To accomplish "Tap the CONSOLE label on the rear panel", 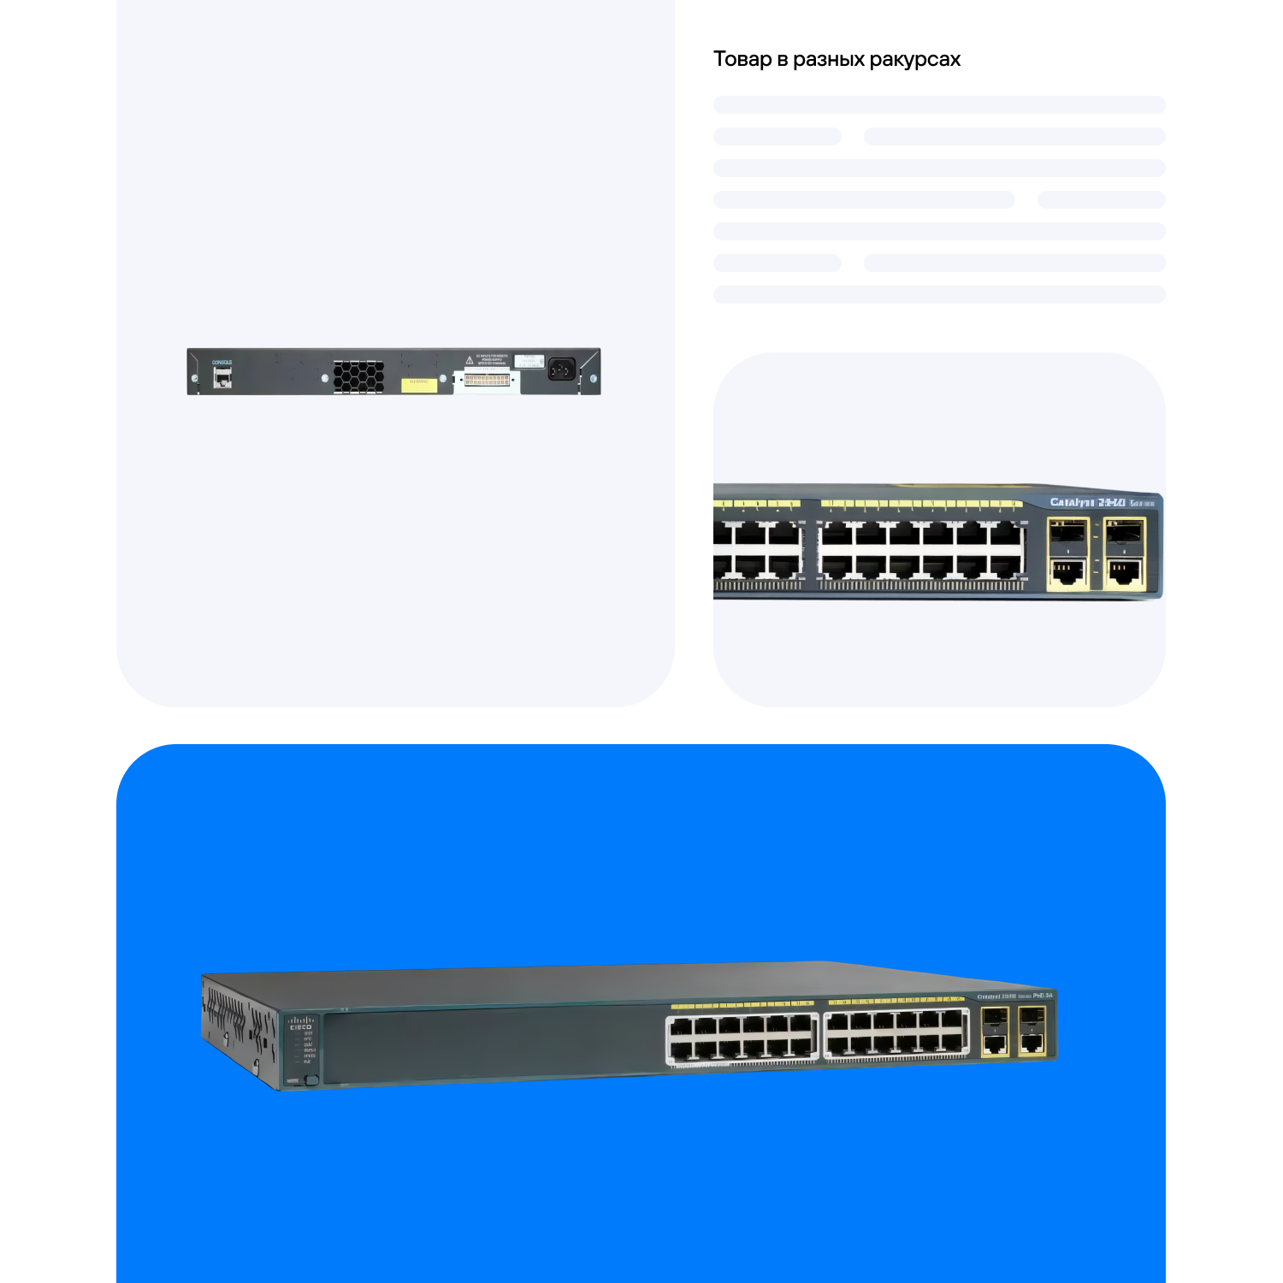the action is point(222,363).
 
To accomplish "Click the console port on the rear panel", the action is point(222,377).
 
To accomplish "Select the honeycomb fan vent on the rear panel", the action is point(358,376).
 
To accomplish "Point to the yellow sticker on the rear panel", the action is point(418,385).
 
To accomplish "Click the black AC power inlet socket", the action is point(561,368).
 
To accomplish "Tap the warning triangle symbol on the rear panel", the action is point(469,360).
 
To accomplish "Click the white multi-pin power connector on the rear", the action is point(487,380).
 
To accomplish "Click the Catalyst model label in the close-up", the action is point(1087,502).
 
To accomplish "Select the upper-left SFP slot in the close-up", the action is point(1067,535).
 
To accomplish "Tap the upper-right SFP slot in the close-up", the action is point(1124,535).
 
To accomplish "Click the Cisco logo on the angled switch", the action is point(300,1023).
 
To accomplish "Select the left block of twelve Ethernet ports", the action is point(742,1037).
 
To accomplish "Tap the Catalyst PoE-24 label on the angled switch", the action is point(1014,996).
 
